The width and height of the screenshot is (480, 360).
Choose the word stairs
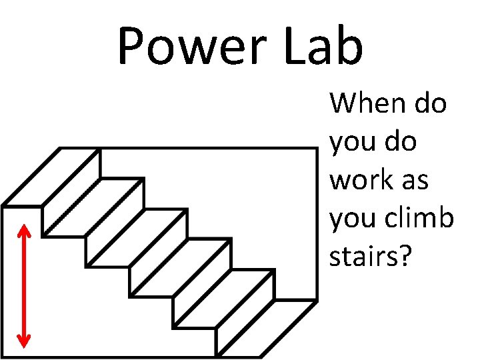pyautogui.click(x=365, y=257)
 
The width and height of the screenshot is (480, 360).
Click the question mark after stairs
pyautogui.click(x=407, y=257)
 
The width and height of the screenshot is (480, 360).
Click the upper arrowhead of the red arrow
pyautogui.click(x=24, y=231)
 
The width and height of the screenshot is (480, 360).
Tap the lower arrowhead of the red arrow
pyautogui.click(x=24, y=340)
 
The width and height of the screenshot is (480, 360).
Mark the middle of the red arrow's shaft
pyautogui.click(x=24, y=285)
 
